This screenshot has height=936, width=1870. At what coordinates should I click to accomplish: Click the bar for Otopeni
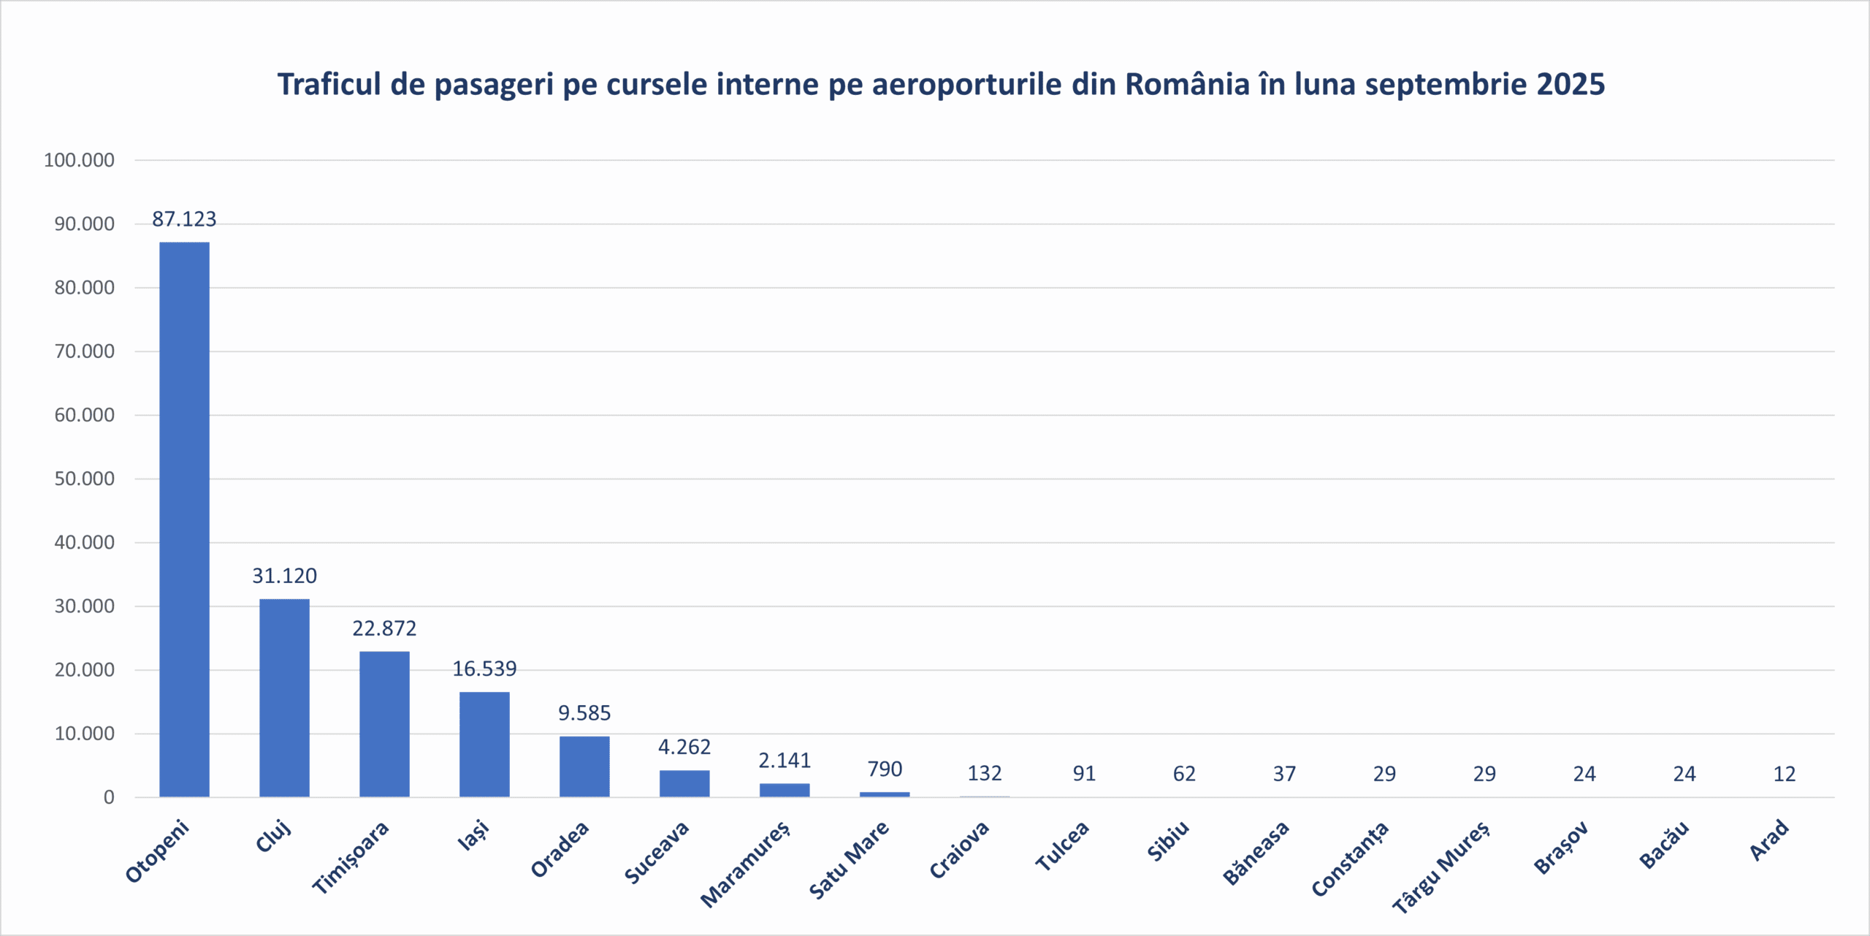pyautogui.click(x=184, y=519)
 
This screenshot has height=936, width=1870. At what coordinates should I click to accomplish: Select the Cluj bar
pyautogui.click(x=284, y=698)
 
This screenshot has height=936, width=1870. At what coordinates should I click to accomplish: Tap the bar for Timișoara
pyautogui.click(x=384, y=723)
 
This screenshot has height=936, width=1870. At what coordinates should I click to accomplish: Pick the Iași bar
pyautogui.click(x=484, y=744)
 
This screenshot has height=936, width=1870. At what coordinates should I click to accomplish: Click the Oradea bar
pyautogui.click(x=584, y=766)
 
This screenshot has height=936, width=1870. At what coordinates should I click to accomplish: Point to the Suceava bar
pyautogui.click(x=684, y=783)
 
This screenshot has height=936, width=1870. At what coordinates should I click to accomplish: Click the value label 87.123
pyautogui.click(x=184, y=219)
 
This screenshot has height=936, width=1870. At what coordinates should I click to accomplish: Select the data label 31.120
pyautogui.click(x=284, y=576)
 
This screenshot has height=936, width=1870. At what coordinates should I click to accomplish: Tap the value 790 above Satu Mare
pyautogui.click(x=885, y=769)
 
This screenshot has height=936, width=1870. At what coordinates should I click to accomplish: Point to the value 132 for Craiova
pyautogui.click(x=985, y=773)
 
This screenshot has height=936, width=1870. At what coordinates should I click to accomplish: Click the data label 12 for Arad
pyautogui.click(x=1785, y=774)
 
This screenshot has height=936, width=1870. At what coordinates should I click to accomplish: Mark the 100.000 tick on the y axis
pyautogui.click(x=79, y=160)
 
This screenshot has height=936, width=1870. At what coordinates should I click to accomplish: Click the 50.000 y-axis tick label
pyautogui.click(x=84, y=479)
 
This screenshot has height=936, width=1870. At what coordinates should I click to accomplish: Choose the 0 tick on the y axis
pyautogui.click(x=109, y=797)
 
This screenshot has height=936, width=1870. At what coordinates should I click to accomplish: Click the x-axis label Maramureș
pyautogui.click(x=745, y=864)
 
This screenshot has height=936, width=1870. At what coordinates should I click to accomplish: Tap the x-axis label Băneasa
pyautogui.click(x=1256, y=853)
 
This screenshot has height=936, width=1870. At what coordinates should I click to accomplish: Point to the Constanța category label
pyautogui.click(x=1350, y=859)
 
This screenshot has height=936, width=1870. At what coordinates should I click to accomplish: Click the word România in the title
pyautogui.click(x=1187, y=85)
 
